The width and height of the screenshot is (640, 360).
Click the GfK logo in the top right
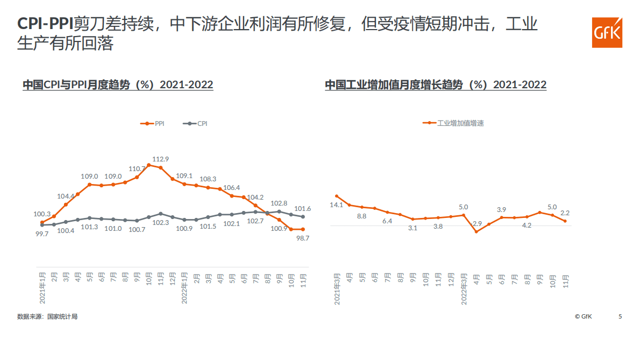click(x=607, y=32)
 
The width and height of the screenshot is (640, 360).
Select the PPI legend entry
click(x=153, y=123)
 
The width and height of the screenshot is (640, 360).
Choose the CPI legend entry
click(x=195, y=123)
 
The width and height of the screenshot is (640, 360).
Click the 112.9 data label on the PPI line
click(x=161, y=159)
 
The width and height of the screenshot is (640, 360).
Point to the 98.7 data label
click(x=303, y=238)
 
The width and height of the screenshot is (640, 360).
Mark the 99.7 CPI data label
click(x=41, y=234)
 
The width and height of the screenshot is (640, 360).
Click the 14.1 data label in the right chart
click(x=336, y=205)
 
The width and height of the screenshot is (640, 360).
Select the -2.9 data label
click(x=476, y=223)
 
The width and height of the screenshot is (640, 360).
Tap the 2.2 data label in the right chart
click(x=565, y=213)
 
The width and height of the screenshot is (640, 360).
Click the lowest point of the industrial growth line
click(x=476, y=232)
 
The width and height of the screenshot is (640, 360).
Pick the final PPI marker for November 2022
click(x=303, y=229)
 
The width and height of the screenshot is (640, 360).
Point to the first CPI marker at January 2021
click(x=42, y=225)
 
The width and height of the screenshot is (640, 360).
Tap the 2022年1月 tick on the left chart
click(x=184, y=287)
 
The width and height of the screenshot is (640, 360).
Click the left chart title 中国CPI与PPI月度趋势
click(x=117, y=85)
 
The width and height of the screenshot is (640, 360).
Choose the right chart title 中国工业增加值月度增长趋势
click(x=435, y=85)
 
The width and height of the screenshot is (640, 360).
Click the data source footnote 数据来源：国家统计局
click(x=47, y=316)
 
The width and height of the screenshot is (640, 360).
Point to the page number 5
click(x=620, y=316)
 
